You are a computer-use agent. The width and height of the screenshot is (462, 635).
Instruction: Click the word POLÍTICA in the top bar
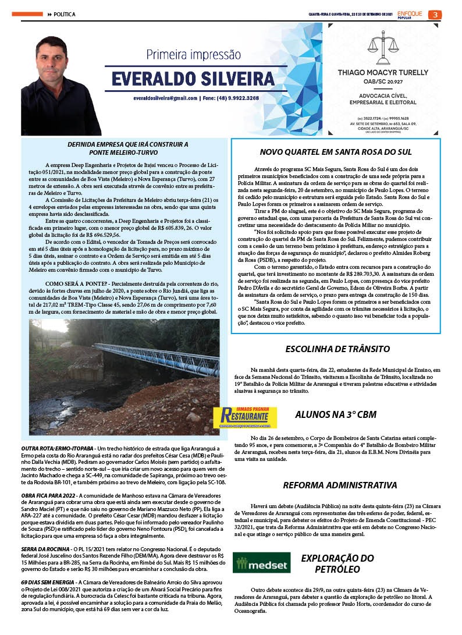[65, 15]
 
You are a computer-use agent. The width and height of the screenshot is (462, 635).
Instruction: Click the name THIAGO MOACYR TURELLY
[383, 72]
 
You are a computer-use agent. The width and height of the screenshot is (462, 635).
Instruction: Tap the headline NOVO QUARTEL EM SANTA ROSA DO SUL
[336, 152]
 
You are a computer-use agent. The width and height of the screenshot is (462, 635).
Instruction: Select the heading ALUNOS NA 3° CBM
[336, 414]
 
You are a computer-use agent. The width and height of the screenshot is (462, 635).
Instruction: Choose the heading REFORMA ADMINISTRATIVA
[340, 485]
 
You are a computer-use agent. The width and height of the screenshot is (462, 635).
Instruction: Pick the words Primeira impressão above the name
[193, 55]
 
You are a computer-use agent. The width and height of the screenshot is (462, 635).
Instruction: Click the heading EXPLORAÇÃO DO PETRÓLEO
[337, 563]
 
